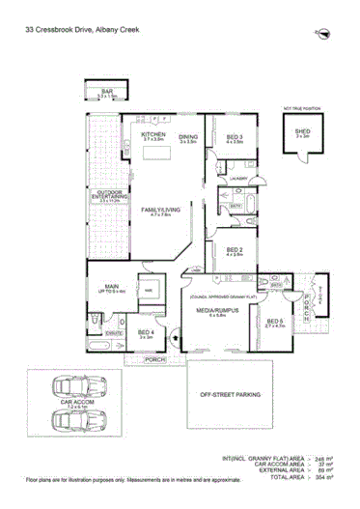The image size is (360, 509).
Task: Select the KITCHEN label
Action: [154, 136]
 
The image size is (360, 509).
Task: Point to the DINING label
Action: [188, 137]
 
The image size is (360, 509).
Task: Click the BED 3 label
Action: [235, 137]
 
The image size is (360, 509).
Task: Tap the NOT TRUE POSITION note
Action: [300, 108]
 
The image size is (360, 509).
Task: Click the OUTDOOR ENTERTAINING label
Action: [111, 196]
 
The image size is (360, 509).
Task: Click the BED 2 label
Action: [235, 250]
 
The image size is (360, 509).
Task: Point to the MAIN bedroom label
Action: [112, 287]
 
